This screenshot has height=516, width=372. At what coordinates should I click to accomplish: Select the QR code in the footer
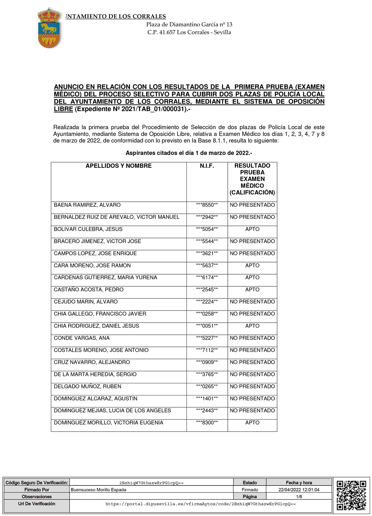(x=351, y=495)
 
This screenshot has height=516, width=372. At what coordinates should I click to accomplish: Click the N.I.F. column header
(x=207, y=166)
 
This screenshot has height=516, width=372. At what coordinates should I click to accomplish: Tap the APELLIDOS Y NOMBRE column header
(x=119, y=166)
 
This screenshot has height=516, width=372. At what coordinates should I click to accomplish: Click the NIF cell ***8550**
(x=207, y=205)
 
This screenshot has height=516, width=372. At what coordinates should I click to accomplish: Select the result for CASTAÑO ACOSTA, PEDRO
(x=252, y=290)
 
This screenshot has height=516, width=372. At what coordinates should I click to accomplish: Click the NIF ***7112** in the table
(x=207, y=350)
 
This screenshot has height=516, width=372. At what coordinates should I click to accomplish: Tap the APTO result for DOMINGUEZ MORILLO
(x=252, y=423)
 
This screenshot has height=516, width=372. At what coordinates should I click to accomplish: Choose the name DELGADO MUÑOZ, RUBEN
(x=88, y=386)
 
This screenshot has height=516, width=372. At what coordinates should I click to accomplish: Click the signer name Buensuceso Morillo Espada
(x=99, y=490)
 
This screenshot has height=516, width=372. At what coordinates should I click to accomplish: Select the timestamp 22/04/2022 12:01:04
(x=299, y=490)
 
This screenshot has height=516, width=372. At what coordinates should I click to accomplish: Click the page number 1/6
(x=299, y=497)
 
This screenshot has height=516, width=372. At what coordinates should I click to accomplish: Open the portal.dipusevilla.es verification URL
(x=201, y=504)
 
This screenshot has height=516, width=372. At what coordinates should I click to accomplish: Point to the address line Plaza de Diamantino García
(x=189, y=25)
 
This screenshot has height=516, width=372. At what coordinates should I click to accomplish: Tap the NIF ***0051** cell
(x=207, y=326)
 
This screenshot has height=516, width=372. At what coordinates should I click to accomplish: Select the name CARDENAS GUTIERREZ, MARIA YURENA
(x=105, y=278)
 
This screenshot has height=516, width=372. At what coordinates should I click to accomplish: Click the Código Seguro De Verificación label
(x=37, y=483)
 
